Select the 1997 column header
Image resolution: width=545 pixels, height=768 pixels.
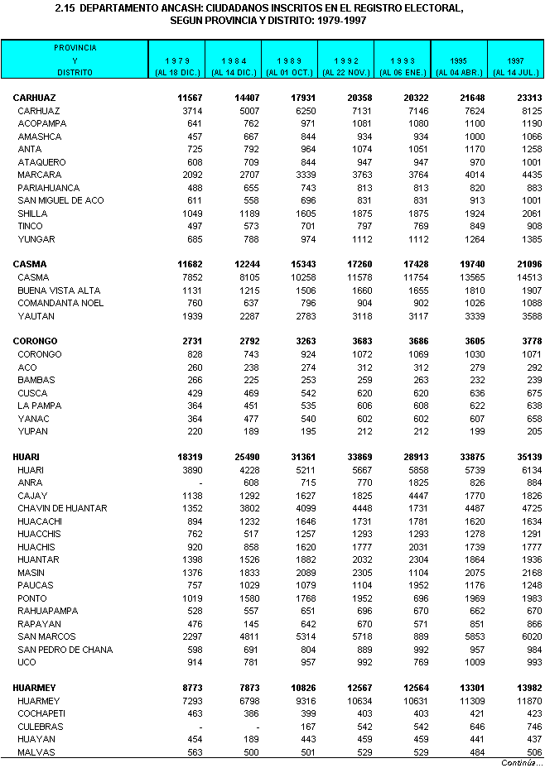coord(515,61)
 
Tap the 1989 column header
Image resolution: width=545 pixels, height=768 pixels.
coord(290,61)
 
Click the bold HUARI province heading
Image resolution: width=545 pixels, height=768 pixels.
coord(27,457)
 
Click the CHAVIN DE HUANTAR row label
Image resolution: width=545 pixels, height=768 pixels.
coord(62,508)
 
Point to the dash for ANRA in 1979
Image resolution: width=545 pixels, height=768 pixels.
coord(200,482)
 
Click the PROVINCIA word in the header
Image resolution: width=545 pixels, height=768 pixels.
coord(75,48)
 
